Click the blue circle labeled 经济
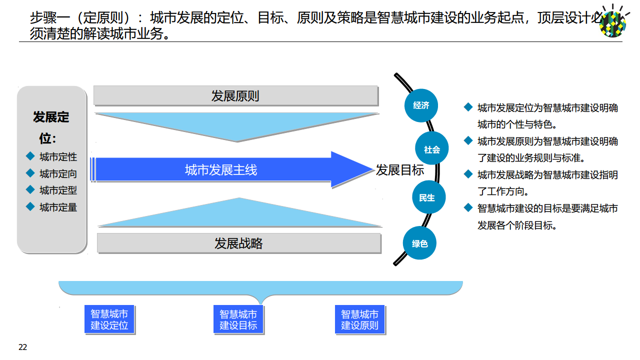tap(421, 105)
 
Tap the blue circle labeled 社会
tap(432, 149)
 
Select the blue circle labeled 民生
tap(427, 198)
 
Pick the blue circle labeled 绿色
tap(420, 243)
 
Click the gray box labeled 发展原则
tap(235, 96)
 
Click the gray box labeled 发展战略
tap(238, 243)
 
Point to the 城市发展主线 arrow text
tap(221, 170)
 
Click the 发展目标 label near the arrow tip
tap(399, 170)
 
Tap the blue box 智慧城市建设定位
tap(109, 319)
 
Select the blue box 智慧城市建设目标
tap(238, 319)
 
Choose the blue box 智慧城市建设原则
tap(359, 319)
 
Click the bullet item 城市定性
tap(58, 157)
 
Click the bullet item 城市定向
tap(58, 174)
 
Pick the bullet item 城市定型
tap(58, 190)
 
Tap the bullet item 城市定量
tap(58, 207)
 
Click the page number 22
tap(23, 347)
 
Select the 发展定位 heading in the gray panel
tap(51, 127)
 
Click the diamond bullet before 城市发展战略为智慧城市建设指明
tap(468, 174)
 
